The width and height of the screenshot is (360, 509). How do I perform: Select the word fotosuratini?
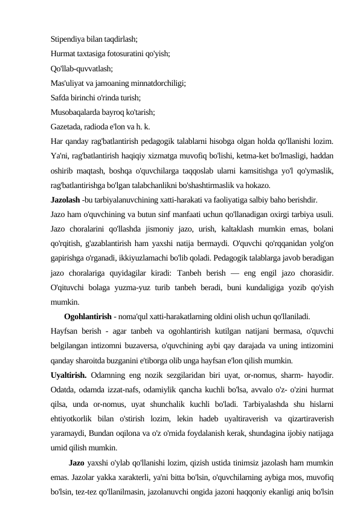(128, 54)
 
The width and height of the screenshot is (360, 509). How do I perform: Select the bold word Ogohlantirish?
(87, 315)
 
